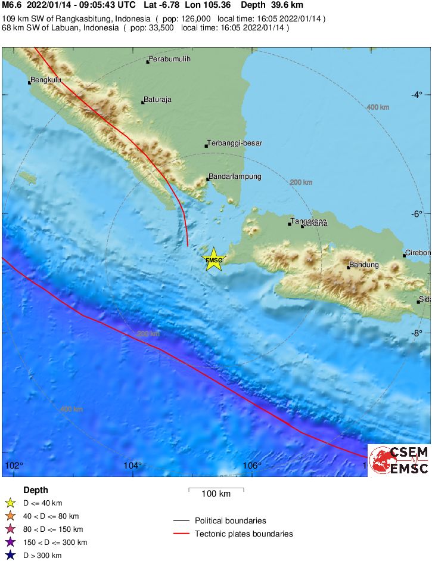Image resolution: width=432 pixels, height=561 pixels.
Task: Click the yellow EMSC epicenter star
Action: (x=213, y=259)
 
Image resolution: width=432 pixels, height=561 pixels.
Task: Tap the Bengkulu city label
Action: (x=46, y=79)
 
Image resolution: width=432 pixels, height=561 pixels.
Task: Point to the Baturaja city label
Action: (x=158, y=100)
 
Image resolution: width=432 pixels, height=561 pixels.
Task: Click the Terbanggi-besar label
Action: (x=235, y=143)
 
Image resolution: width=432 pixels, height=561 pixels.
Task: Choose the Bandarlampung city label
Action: (x=235, y=176)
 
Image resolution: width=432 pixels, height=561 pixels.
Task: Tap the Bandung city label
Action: (x=363, y=264)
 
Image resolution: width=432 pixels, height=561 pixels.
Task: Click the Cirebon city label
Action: (x=417, y=253)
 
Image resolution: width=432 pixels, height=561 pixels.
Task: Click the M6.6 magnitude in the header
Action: (x=12, y=5)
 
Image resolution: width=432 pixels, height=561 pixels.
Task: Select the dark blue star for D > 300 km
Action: (x=10, y=556)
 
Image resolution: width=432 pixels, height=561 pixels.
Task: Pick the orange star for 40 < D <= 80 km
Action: (x=10, y=516)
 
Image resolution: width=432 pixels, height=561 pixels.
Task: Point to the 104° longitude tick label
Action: (x=133, y=466)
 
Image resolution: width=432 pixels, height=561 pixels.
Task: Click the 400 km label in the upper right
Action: (x=377, y=107)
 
